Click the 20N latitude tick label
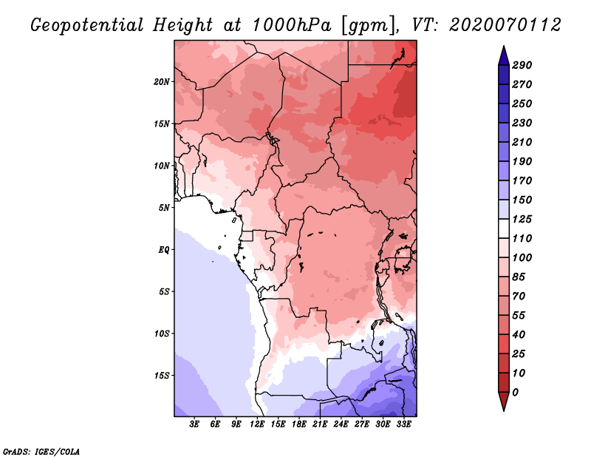pos(162,81)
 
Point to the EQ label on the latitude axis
pos(164,250)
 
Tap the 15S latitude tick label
pos(162,376)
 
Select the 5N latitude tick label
pos(164,208)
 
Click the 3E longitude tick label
pos(195,425)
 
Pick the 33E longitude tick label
pos(404,425)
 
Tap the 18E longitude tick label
pos(299,425)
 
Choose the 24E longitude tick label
pos(341,425)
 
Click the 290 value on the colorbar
pos(522,65)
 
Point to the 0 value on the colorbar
pos(515,392)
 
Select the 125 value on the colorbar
pos(522,219)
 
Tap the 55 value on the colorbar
pos(519,315)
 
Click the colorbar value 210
pos(522,142)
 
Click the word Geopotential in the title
pos(87,24)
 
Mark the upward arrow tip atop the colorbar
pos(502,48)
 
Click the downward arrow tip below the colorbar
pos(502,409)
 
